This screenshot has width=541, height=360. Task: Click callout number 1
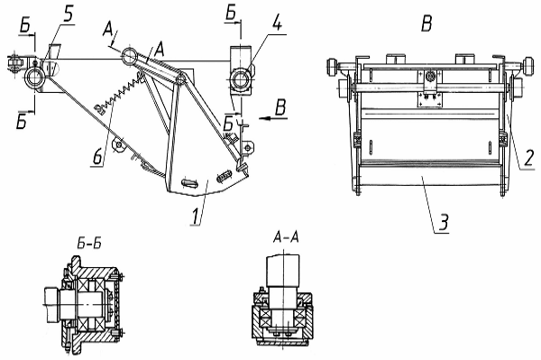pyautogui.click(x=196, y=216)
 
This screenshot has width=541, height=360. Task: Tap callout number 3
pyautogui.click(x=444, y=222)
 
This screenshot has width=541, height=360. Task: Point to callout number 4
pyautogui.click(x=278, y=23)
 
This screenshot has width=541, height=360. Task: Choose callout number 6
pyautogui.click(x=97, y=157)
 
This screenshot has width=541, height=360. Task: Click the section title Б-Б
pyautogui.click(x=89, y=245)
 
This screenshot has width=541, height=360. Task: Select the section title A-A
pyautogui.click(x=286, y=237)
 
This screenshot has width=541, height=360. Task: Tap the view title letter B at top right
pyautogui.click(x=426, y=23)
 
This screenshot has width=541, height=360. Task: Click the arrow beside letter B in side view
pyautogui.click(x=273, y=119)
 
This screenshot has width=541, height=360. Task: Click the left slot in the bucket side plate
pyautogui.click(x=189, y=182)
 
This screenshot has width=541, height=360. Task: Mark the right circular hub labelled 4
pyautogui.click(x=239, y=79)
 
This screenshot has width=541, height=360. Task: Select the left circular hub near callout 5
pyautogui.click(x=34, y=77)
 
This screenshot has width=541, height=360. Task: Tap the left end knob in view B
pyautogui.click(x=334, y=66)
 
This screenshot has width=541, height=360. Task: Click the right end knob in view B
pyautogui.click(x=527, y=66)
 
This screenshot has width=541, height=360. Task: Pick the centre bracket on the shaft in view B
pyautogui.click(x=429, y=87)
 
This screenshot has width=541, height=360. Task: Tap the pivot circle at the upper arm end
pyautogui.click(x=128, y=56)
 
